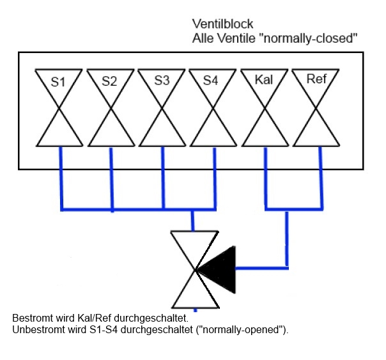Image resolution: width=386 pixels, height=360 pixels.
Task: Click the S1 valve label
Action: coord(59,82)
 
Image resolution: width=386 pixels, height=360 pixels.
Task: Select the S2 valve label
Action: coord(110,82)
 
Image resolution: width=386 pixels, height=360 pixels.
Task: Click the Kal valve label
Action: coord(263,81)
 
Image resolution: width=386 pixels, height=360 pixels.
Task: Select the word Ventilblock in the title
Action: coord(218,27)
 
